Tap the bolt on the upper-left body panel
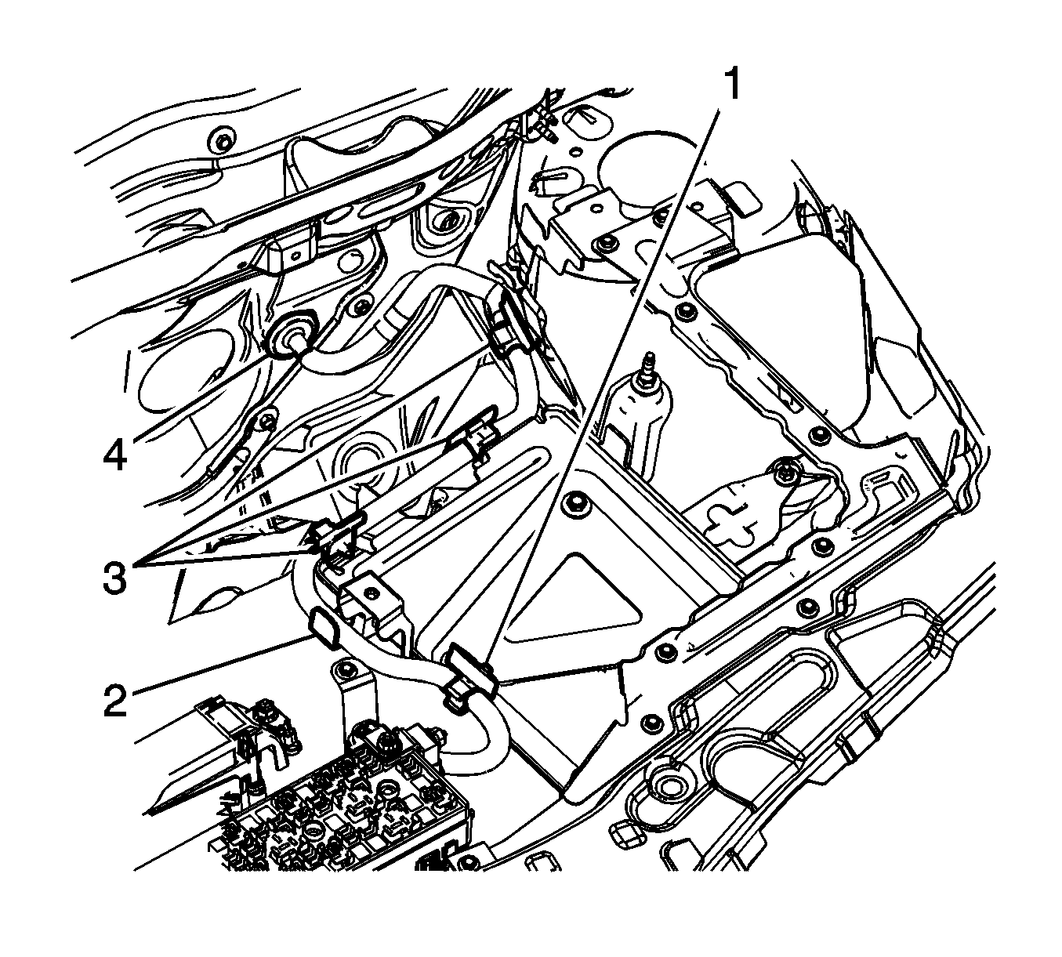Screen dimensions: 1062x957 [223, 143]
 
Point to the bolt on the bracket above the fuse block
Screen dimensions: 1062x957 [342, 670]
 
